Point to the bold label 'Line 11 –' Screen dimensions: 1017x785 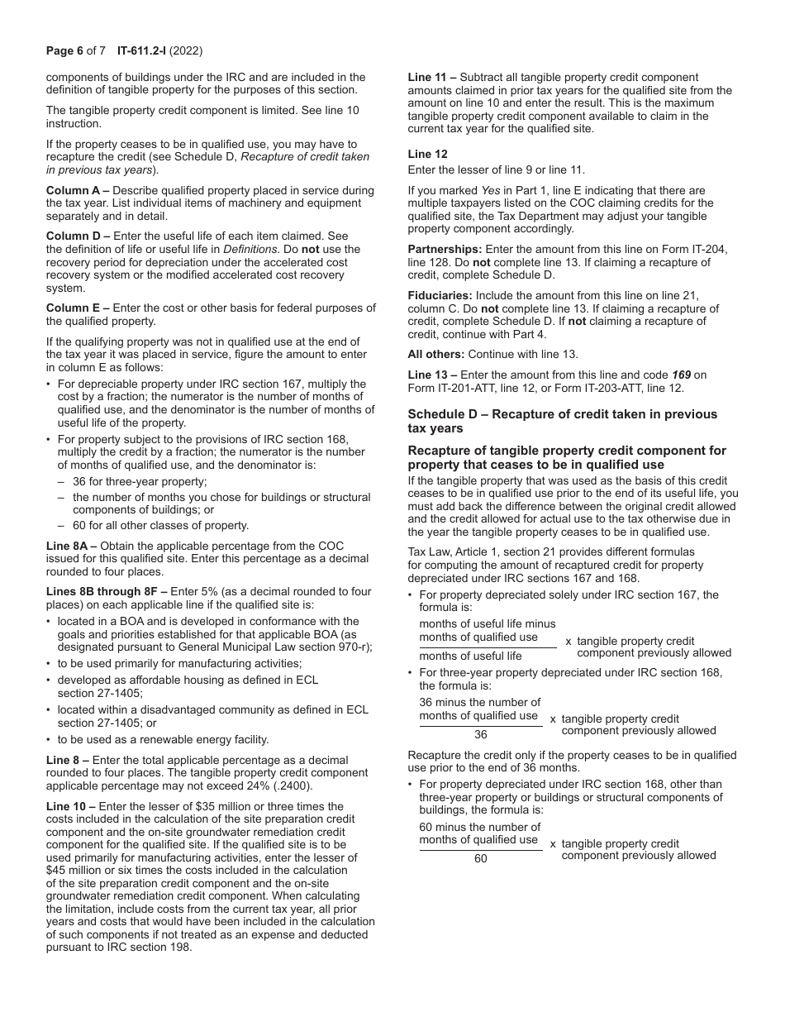point(434,77)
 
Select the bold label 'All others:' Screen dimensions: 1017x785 point(437,354)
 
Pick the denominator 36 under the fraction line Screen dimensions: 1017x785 point(481,734)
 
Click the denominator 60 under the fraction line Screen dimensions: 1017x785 point(481,858)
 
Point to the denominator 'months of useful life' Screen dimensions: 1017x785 point(470,656)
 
